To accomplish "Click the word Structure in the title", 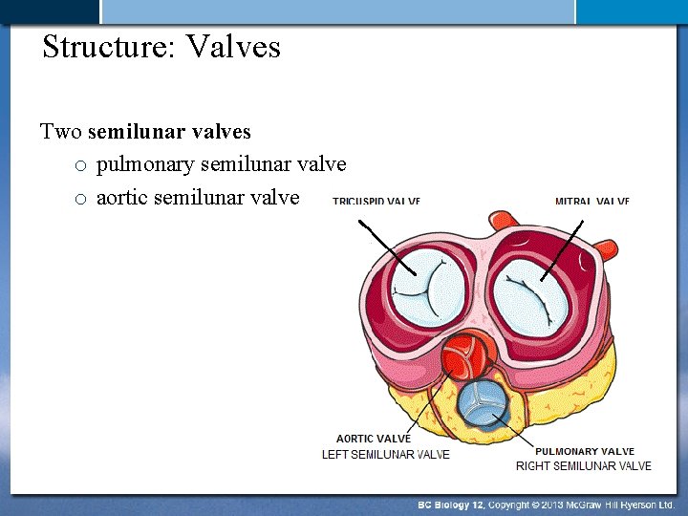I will click(x=105, y=46).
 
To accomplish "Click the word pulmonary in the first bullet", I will click(x=144, y=164).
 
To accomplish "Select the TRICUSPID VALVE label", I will click(x=376, y=202).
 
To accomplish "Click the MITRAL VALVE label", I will click(x=591, y=202).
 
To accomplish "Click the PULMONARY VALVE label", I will click(x=584, y=451).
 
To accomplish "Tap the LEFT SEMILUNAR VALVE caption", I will click(x=385, y=454).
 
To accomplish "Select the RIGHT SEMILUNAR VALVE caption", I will click(x=583, y=465).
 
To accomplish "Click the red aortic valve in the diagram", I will click(x=465, y=357).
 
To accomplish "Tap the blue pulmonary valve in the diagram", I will click(x=482, y=403).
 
